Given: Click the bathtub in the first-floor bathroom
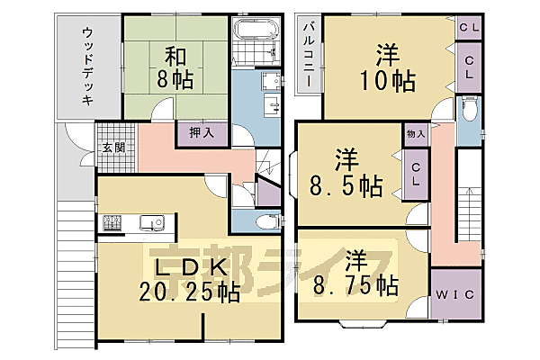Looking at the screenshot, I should [251, 37].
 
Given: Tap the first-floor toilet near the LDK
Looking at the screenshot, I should [264, 220].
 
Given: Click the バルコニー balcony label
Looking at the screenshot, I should [307, 55].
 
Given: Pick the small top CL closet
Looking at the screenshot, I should [469, 28].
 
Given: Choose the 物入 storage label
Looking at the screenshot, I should [415, 133].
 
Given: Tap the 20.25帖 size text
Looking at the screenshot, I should [189, 292].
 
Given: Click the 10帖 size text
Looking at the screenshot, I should [389, 81].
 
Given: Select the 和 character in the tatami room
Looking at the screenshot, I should [175, 53].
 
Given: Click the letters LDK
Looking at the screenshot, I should [189, 267].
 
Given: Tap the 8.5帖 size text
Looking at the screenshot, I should [346, 187].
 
